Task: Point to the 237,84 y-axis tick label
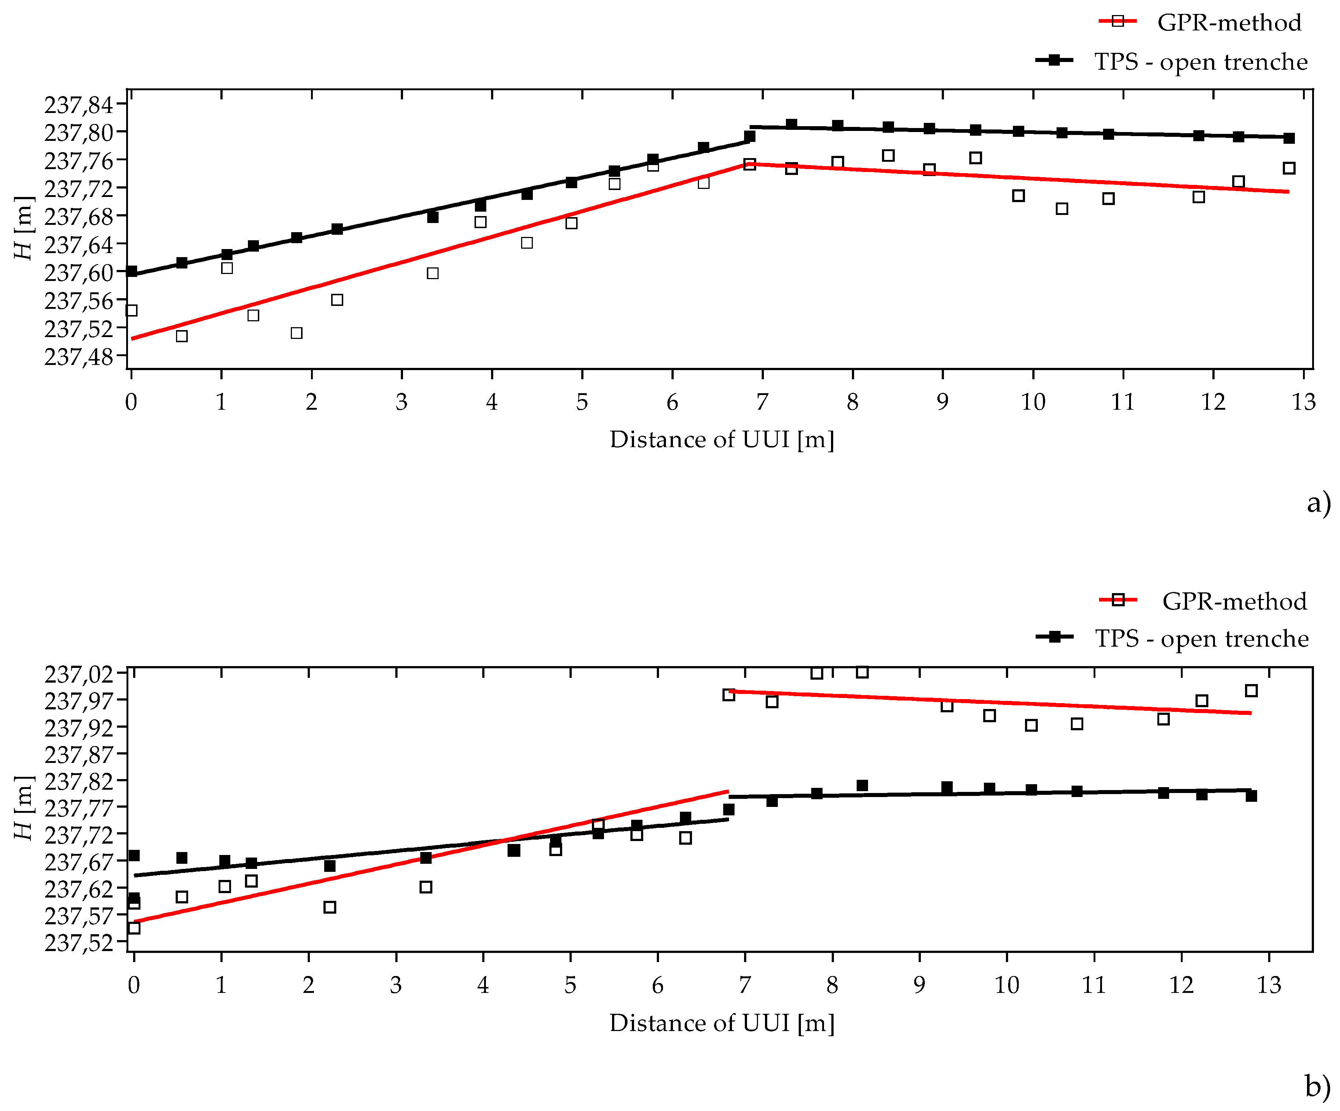78,104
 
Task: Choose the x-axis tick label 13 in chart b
1268,985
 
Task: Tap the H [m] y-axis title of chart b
23,808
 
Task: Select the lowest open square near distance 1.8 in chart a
296,333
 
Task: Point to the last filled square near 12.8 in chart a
1289,138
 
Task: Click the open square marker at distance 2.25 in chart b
330,907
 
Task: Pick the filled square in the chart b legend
1055,636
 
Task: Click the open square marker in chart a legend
1117,21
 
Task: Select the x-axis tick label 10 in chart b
1007,985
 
